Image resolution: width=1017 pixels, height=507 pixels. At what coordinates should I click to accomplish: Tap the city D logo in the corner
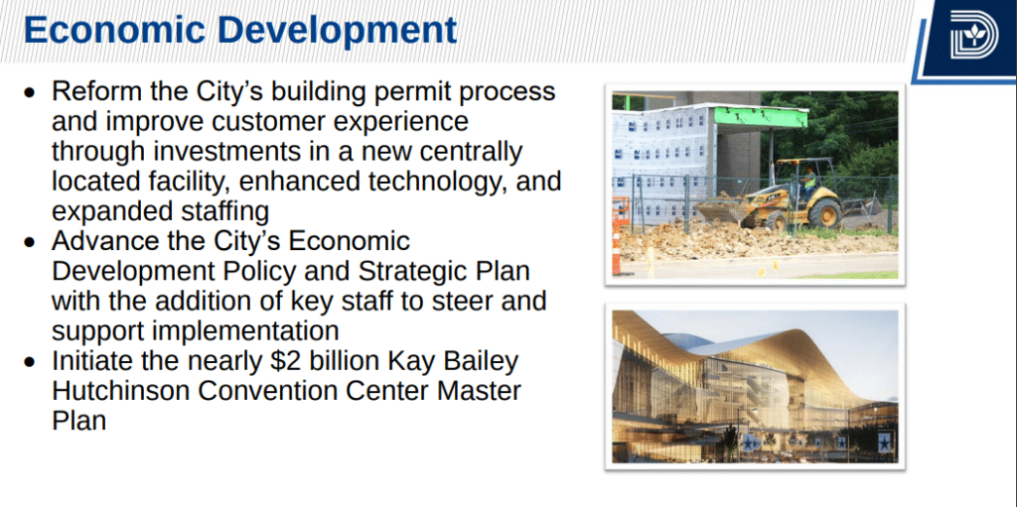(974, 35)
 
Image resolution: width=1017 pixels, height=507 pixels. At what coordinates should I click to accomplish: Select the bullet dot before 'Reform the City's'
(29, 93)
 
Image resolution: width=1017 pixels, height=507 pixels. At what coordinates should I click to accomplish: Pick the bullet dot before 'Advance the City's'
(29, 243)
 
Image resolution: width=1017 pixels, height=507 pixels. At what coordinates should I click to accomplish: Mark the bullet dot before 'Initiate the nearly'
(29, 362)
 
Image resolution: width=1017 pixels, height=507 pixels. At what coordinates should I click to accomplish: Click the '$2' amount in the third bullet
(285, 361)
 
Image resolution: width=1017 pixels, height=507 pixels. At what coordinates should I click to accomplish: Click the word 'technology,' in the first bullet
(439, 182)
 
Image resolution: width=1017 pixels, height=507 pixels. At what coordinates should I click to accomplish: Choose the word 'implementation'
(246, 331)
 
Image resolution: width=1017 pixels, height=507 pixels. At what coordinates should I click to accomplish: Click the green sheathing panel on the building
(760, 117)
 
